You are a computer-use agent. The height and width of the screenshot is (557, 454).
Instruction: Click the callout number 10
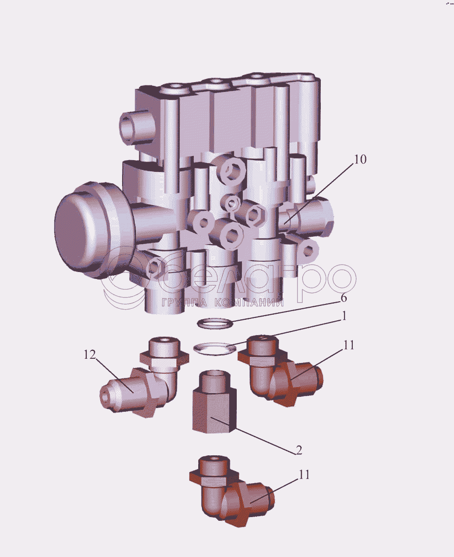coord(360,160)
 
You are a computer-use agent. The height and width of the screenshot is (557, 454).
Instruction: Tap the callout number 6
coord(344,298)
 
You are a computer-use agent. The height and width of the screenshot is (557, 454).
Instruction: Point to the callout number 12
coord(90,355)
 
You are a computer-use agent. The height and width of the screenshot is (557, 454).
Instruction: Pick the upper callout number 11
coord(348,345)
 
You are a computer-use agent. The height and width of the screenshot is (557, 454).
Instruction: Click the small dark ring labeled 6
coord(215,323)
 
